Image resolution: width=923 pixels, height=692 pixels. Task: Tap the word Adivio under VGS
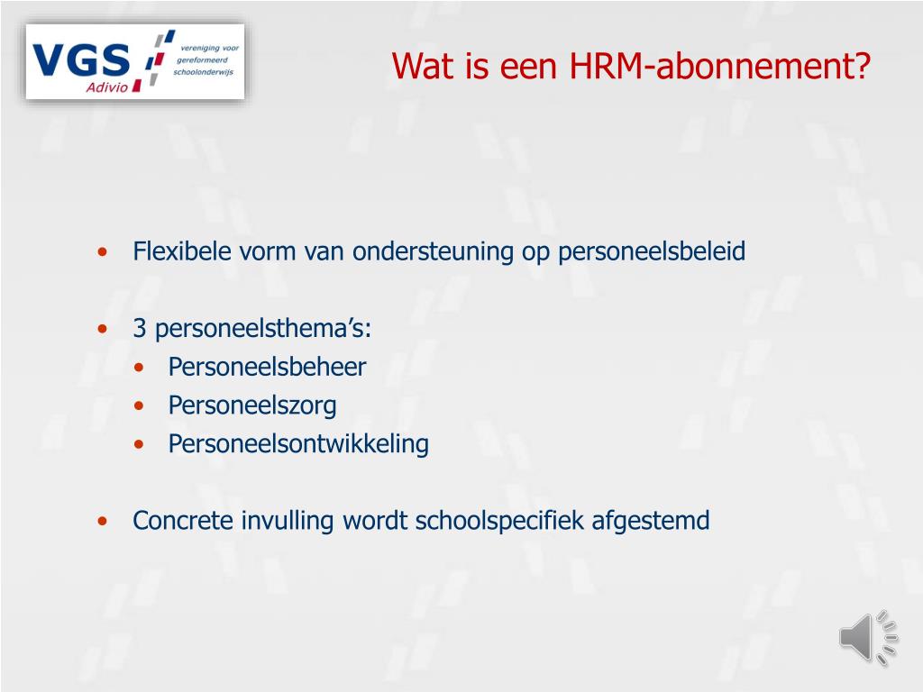(106, 86)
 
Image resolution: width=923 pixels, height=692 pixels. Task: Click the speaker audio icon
(868, 638)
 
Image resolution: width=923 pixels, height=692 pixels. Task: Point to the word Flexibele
(182, 251)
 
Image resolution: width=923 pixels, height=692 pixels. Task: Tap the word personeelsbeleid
(652, 251)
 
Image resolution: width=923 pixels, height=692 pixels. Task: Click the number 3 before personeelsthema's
(140, 329)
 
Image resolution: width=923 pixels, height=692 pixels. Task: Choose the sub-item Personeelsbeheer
(267, 368)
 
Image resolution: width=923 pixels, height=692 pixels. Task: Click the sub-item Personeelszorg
(252, 405)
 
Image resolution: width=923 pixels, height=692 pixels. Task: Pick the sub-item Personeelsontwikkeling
(298, 444)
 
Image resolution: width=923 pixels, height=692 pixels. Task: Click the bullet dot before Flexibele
(105, 252)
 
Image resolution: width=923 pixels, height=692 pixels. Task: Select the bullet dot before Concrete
(105, 522)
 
